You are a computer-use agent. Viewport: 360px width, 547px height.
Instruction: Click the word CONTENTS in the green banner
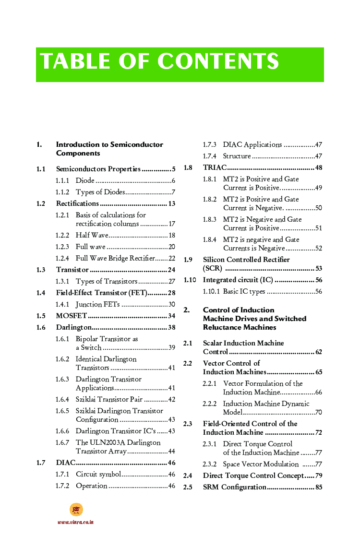click(218, 61)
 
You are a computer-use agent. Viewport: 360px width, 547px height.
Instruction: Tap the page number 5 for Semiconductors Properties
click(173, 169)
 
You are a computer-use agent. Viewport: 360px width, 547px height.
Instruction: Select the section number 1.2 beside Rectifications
click(41, 203)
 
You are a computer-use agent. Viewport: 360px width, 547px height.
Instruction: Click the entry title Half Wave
click(92, 235)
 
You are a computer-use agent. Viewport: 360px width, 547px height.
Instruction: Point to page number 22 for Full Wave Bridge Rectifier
click(171, 258)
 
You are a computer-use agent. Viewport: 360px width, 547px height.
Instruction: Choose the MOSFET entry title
click(72, 316)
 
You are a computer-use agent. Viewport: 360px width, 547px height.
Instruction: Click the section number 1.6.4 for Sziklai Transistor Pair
click(62, 399)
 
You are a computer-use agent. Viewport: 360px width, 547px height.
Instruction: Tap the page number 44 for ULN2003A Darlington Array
click(171, 451)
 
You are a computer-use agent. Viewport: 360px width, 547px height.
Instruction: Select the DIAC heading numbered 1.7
click(65, 463)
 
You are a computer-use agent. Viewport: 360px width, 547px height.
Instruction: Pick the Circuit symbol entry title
click(98, 474)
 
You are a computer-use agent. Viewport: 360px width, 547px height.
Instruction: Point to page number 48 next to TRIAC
click(319, 167)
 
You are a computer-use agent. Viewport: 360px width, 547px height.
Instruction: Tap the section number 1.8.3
click(209, 219)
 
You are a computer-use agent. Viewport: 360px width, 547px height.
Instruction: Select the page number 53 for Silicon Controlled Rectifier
click(319, 268)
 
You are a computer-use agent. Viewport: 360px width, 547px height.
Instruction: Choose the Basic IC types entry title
click(244, 291)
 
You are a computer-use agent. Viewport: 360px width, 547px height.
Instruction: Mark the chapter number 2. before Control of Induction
click(187, 310)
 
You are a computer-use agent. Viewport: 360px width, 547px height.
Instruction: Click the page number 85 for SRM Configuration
click(319, 487)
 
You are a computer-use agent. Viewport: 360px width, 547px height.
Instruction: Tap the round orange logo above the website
click(76, 510)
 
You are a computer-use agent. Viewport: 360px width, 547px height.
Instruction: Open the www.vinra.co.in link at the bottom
click(76, 522)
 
